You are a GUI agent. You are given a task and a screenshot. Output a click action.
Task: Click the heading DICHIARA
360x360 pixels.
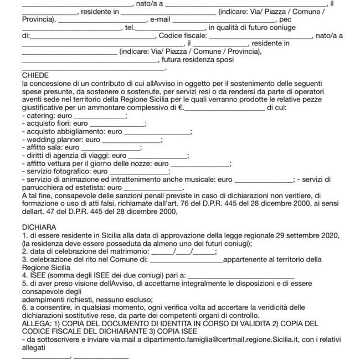(x=39, y=227)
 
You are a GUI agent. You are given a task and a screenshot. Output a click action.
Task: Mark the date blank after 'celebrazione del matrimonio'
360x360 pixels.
(x=183, y=251)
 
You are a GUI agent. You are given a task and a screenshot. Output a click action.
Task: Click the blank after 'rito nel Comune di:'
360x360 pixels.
(x=186, y=259)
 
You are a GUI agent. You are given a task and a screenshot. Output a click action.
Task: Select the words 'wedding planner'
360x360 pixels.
(x=53, y=141)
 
